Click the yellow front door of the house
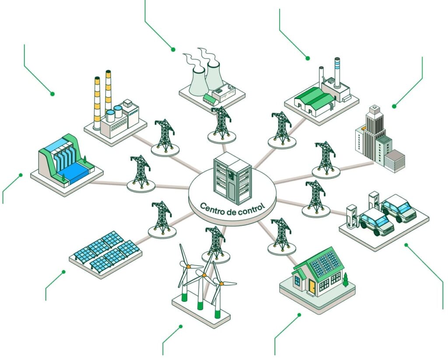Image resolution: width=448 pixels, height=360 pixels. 311,286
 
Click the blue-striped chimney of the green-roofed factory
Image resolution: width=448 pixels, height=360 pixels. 337,72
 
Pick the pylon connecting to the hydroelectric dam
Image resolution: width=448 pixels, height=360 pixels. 141,173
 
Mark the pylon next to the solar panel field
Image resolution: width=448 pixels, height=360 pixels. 162,219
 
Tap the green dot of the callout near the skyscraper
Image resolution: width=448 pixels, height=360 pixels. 394,106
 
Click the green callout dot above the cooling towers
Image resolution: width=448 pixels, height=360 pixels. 173,49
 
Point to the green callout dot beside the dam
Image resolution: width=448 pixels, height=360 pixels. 20,175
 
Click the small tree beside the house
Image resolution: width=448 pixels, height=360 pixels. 346,278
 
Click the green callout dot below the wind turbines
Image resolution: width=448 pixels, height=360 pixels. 180,326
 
